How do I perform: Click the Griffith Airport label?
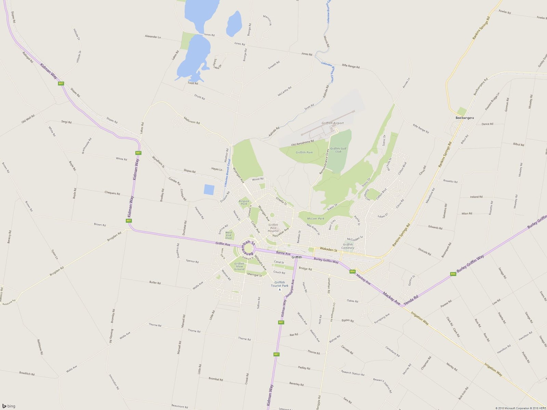tap(332, 123)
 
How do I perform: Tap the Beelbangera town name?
tap(465, 118)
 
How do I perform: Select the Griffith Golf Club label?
tap(338, 150)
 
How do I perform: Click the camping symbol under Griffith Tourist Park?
tap(280, 289)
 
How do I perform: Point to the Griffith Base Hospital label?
tap(273, 228)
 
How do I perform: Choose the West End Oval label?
tap(229, 235)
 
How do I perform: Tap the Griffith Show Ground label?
tap(239, 266)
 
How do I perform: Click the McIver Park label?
tap(316, 219)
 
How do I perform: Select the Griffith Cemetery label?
tap(348, 246)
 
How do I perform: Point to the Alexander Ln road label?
tap(153, 37)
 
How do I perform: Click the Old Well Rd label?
tap(28, 119)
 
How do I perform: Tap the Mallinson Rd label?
tap(191, 120)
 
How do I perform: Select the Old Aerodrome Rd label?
tap(302, 143)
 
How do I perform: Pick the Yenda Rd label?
tap(411, 300)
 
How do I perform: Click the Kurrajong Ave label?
tap(382, 318)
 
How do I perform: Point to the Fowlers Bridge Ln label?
tap(492, 101)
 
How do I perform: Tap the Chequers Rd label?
tap(112, 193)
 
